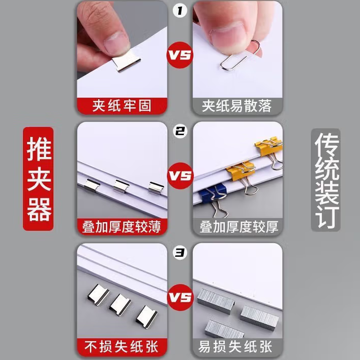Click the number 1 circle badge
pos(180,11)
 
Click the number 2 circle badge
pos(180,131)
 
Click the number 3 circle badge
pos(180,253)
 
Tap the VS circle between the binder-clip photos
pos(180,176)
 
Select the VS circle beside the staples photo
pos(180,297)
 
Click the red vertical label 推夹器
pos(38,179)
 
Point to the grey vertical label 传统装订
pos(326,180)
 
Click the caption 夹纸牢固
pos(122,106)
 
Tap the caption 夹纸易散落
pos(236,106)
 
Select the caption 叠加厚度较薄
pos(122,227)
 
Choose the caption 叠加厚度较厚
pos(239,227)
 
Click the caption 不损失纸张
pos(122,346)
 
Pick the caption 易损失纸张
pos(235,346)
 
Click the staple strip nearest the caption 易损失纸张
pos(224,330)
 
